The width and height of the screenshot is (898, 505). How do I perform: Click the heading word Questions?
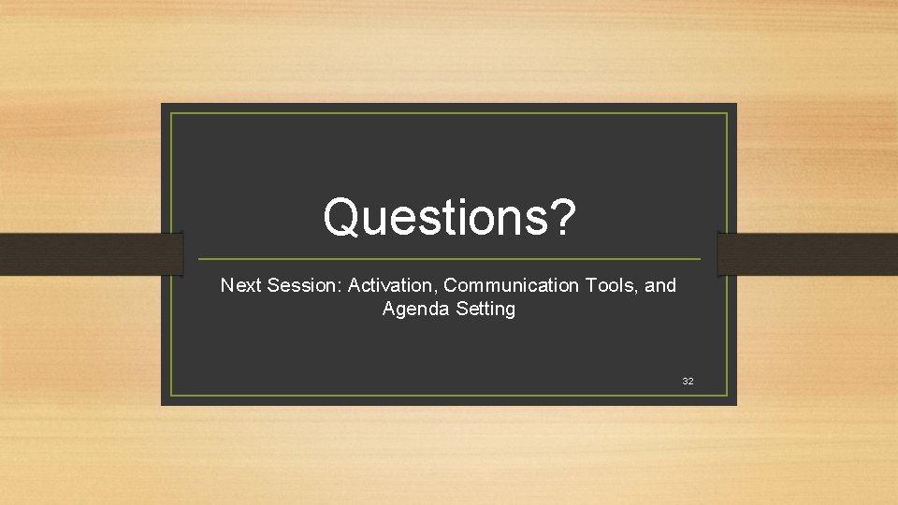tap(449, 217)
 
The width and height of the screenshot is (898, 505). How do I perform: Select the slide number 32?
tap(688, 382)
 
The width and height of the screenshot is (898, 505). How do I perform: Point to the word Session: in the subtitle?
tap(304, 285)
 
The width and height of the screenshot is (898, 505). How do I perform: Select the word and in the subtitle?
tap(660, 285)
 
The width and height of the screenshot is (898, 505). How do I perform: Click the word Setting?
tap(485, 310)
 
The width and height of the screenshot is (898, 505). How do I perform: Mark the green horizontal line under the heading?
tap(449, 259)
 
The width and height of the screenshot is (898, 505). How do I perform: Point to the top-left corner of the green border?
tap(172, 114)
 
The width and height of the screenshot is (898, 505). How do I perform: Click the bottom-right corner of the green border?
tap(727, 395)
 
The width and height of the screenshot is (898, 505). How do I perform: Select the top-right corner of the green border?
tap(727, 114)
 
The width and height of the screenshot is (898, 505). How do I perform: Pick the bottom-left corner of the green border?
tap(172, 395)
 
